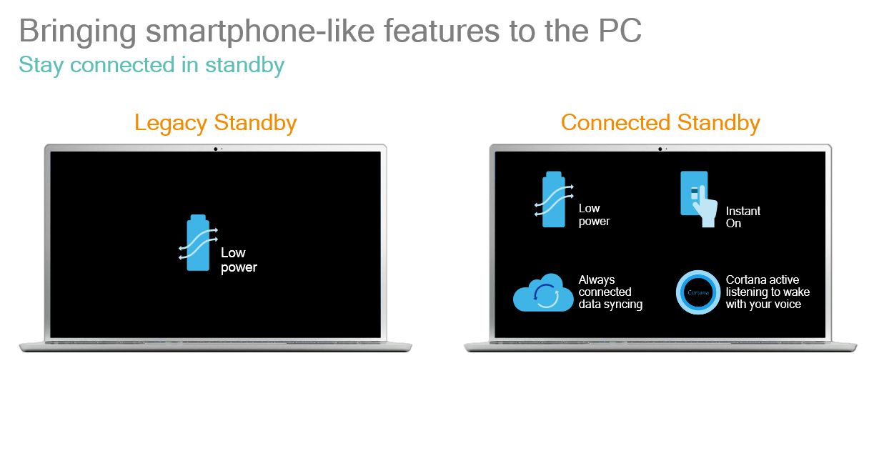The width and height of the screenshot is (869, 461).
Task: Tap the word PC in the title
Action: (x=620, y=31)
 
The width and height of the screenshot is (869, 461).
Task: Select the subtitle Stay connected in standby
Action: (x=152, y=65)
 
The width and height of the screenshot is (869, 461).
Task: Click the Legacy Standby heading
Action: (x=216, y=123)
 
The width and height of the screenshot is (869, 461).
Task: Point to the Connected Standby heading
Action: (x=660, y=123)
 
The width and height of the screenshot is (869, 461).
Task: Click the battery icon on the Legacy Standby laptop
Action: (x=198, y=242)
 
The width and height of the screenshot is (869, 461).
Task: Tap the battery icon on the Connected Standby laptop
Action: (x=554, y=199)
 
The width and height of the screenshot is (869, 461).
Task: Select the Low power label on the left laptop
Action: (x=239, y=260)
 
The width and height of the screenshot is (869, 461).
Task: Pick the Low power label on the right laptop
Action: (x=594, y=214)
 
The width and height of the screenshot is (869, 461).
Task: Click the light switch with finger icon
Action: (x=698, y=199)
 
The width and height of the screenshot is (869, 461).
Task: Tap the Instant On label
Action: (x=743, y=217)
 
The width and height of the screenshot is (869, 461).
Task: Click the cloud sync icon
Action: (x=543, y=292)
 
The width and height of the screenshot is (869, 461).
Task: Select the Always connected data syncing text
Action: (x=610, y=292)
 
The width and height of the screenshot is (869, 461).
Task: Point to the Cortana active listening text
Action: (x=768, y=292)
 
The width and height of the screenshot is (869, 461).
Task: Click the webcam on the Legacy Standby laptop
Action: (x=215, y=149)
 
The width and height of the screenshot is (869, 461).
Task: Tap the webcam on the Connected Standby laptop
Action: (x=660, y=149)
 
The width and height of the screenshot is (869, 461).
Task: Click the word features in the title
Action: (x=442, y=31)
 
